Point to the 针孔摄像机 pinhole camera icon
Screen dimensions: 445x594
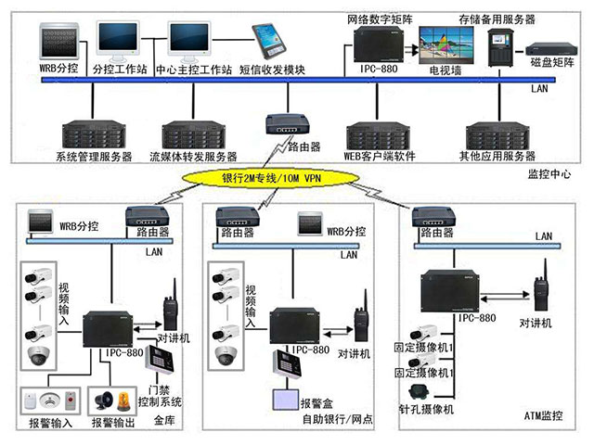point(422,391)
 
